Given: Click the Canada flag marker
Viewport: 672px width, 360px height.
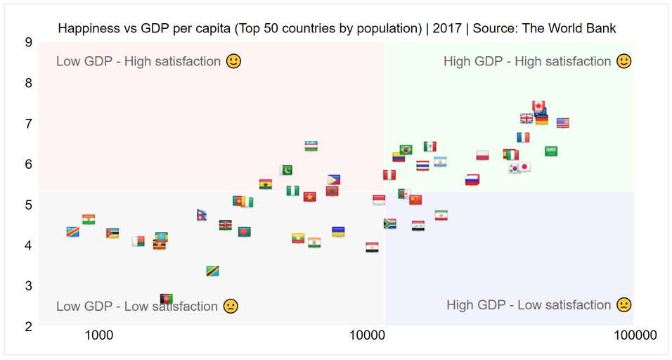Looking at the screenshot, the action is click(538, 106).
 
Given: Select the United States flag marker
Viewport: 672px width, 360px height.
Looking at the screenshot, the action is click(563, 123).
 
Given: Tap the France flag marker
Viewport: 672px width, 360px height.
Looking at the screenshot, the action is click(523, 138).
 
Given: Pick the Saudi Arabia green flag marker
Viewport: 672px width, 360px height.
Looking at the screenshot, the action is click(550, 151).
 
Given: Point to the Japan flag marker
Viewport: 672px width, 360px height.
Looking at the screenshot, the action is click(524, 167).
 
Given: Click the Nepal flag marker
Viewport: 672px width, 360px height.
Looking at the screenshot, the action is click(202, 214).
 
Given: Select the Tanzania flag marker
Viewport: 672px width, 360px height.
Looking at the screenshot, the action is click(212, 271).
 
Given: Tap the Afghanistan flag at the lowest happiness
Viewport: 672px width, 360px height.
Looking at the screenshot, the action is click(167, 299).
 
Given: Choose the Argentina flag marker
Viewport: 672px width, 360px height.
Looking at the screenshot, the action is click(440, 162).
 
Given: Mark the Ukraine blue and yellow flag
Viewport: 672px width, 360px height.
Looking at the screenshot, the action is click(338, 232).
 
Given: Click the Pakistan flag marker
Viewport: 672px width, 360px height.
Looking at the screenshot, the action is click(286, 170).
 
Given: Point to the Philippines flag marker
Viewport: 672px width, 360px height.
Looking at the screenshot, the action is click(334, 179).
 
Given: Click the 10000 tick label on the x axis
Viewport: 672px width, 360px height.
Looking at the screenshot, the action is click(367, 335).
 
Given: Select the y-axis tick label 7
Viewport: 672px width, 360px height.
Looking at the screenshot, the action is click(28, 124).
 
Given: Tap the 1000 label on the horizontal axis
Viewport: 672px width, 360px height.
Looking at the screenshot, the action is click(99, 335).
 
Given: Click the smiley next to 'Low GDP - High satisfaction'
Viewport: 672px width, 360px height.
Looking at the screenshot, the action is click(233, 61).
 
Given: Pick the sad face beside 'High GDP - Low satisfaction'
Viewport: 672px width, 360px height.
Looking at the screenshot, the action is click(624, 304).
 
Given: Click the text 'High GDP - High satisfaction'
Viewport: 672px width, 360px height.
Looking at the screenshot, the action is click(527, 61).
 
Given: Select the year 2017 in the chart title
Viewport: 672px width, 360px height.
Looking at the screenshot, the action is click(447, 28).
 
